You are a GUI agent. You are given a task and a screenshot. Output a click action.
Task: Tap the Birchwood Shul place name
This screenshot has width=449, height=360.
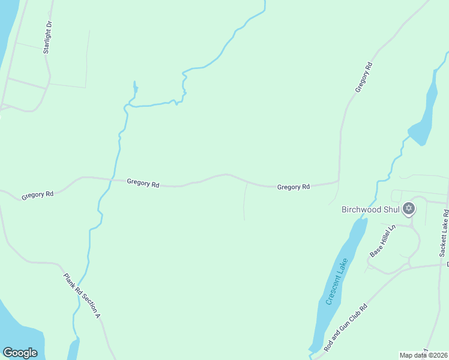371,209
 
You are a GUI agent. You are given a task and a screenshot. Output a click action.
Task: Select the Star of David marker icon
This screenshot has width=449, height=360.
409,209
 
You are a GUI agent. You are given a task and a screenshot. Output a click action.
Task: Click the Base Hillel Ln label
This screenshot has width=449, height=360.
384,241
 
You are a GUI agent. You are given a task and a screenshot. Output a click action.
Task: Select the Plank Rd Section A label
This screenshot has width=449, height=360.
82,295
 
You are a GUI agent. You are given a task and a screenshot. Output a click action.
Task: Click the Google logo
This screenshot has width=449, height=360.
20,353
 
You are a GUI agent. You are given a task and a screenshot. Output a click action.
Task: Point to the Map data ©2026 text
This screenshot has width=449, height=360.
423,355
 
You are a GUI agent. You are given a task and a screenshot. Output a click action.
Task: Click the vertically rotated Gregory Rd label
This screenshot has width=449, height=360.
364,77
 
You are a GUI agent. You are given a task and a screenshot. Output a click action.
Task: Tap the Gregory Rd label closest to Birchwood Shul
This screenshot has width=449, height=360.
294,187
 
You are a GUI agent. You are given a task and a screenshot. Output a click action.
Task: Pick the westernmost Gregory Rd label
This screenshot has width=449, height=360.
37,195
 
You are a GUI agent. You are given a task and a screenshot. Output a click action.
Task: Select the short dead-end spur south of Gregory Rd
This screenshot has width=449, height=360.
244,201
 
